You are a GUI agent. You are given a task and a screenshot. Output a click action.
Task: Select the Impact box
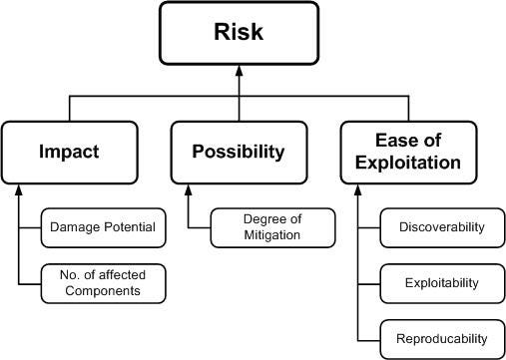(69, 152)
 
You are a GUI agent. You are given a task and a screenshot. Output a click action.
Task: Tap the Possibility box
(239, 152)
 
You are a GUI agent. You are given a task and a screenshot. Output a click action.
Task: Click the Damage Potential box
(103, 227)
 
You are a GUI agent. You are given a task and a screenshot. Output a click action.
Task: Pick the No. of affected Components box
(103, 283)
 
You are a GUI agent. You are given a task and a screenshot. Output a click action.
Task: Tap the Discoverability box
(440, 227)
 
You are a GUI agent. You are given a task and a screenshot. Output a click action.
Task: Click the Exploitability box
(440, 283)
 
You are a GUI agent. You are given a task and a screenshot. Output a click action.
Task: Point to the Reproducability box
(440, 339)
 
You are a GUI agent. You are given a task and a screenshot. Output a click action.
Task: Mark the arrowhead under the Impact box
(19, 189)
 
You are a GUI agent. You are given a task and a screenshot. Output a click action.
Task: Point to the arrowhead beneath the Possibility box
(189, 189)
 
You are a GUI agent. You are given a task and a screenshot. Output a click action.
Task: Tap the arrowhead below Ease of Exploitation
(358, 189)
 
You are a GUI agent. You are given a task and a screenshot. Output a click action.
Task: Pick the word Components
(103, 291)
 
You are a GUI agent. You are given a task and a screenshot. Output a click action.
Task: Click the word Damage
(76, 227)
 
